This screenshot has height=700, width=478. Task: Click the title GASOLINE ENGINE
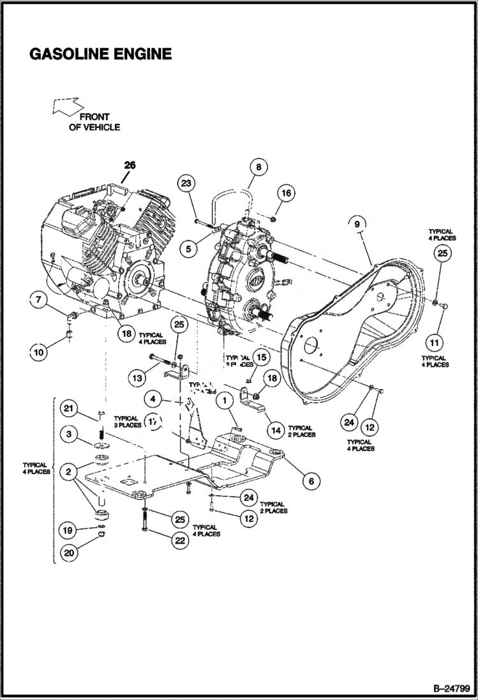tap(100, 54)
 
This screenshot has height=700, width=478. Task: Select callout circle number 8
tap(258, 168)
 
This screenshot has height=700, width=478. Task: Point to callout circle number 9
tap(357, 223)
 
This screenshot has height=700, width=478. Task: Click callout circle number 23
tap(186, 184)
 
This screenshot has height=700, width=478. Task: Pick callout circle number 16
tap(286, 193)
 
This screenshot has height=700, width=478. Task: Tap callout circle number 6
tap(311, 480)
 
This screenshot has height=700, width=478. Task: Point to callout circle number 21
tap(70, 408)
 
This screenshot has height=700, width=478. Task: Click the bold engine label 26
tap(130, 165)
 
